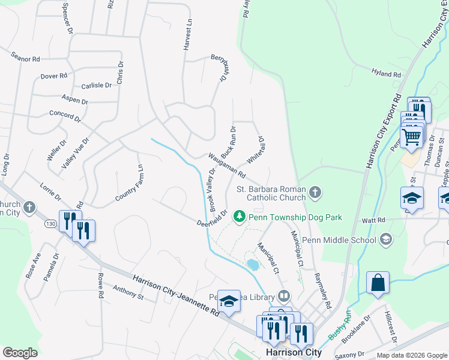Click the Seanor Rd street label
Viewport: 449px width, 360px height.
coord(25,58)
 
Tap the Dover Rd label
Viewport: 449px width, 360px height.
coord(54,76)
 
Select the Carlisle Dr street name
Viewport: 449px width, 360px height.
coord(97,86)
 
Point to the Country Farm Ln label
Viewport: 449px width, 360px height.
coord(130,182)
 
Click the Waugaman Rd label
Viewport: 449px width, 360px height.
coord(227,166)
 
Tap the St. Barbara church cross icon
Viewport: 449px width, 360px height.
coord(315,193)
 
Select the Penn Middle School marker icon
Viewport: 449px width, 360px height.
coord(387,241)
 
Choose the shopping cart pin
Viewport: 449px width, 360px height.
coord(412,137)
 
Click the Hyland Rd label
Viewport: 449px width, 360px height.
coord(385,74)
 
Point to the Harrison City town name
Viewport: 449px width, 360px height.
coord(294,352)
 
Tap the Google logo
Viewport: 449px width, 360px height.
coord(20,352)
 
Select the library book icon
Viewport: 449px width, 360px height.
coord(284,296)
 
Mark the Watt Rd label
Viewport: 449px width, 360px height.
coord(373,221)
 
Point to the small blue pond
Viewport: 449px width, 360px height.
coord(253,264)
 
